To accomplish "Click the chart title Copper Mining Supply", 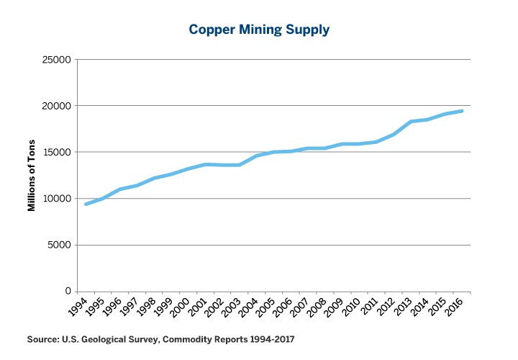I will (x=258, y=30).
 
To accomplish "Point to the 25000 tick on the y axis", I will (x=55, y=60).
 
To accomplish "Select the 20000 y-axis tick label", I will (x=55, y=106).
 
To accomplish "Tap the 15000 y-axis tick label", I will (x=55, y=152).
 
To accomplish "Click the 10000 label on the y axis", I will (x=55, y=199).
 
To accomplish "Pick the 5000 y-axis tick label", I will (x=58, y=245).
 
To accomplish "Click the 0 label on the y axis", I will (x=67, y=291).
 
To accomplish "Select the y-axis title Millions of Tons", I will (x=32, y=176).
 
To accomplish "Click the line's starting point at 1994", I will (x=86, y=204).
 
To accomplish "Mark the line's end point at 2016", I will (x=462, y=111).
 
